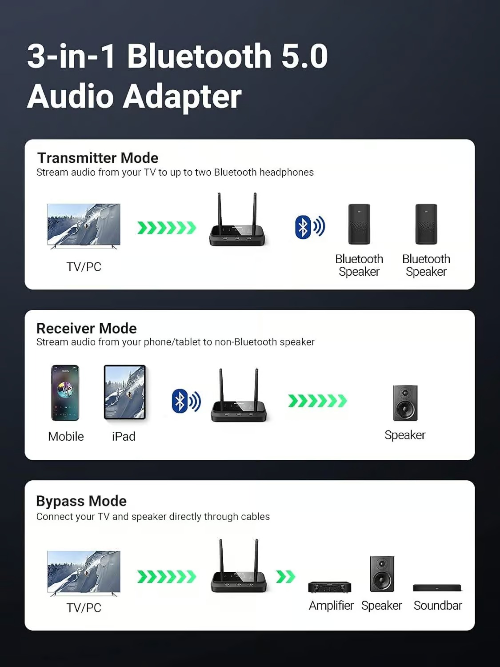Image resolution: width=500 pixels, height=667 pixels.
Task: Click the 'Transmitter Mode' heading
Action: click(x=98, y=158)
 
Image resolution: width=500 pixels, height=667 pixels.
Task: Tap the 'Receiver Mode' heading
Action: click(x=87, y=328)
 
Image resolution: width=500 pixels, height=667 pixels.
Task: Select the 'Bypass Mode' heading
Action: click(x=81, y=501)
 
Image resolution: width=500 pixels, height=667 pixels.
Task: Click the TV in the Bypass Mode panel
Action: click(x=84, y=573)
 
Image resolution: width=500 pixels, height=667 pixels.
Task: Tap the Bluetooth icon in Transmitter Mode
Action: click(x=304, y=227)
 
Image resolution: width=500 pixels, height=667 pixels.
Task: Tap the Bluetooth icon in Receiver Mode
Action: click(x=180, y=401)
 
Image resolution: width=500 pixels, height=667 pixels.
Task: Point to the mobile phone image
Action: click(x=65, y=393)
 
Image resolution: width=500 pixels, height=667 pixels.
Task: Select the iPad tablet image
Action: click(x=125, y=393)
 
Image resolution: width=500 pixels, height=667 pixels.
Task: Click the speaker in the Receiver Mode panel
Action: click(x=405, y=403)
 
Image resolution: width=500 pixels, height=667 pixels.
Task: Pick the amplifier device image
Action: click(x=330, y=587)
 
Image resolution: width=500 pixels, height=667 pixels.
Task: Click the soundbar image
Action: click(x=437, y=588)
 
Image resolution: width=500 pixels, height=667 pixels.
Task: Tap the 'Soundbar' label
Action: click(x=438, y=606)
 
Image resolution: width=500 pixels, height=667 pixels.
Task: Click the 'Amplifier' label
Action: click(x=331, y=606)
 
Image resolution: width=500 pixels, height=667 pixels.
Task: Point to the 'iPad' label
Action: click(x=124, y=437)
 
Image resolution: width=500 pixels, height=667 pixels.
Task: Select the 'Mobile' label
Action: click(x=66, y=437)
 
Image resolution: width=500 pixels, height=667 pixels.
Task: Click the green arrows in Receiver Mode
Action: click(x=317, y=401)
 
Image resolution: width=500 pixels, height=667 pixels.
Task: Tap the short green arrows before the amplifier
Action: click(x=285, y=577)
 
